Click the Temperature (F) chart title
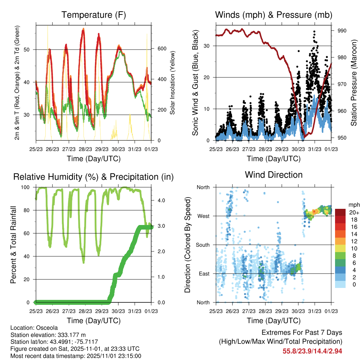point(94,15)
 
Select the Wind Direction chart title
point(274,175)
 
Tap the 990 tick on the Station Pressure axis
point(342,31)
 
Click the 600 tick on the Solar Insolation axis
point(162,49)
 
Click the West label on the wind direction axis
point(204,216)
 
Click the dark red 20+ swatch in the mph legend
point(340,212)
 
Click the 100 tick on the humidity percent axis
point(28,187)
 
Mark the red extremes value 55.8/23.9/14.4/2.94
point(312,351)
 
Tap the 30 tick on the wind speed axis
point(207,46)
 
